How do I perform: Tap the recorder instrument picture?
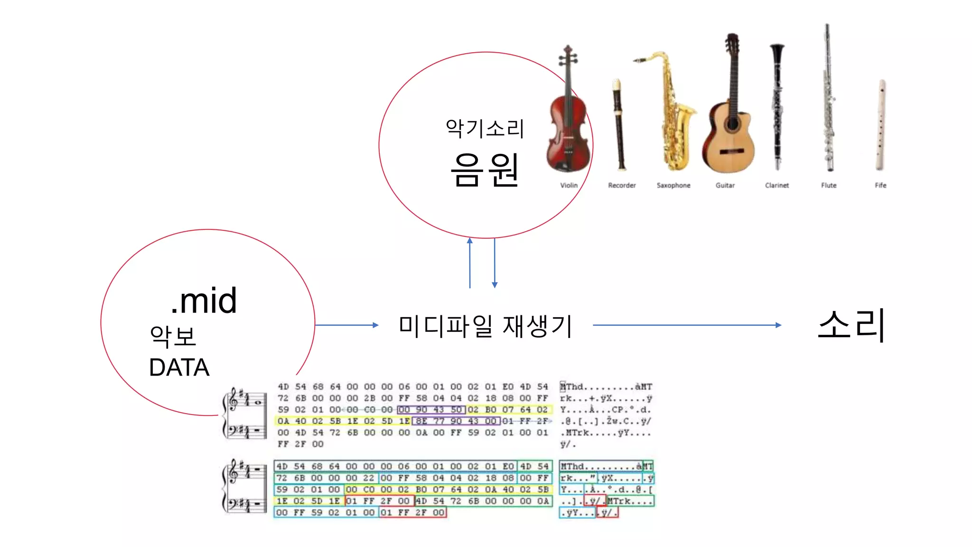click(619, 126)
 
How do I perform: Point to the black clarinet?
click(777, 107)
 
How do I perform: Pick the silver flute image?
click(828, 100)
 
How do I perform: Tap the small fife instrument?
click(881, 126)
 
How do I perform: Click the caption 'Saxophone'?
click(673, 185)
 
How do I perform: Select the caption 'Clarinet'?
click(777, 185)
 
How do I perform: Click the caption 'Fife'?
click(880, 185)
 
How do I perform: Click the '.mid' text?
click(204, 301)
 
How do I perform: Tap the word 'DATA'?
click(179, 367)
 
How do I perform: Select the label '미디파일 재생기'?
click(486, 326)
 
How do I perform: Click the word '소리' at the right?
click(851, 325)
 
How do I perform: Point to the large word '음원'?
click(485, 170)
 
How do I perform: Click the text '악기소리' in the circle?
click(485, 128)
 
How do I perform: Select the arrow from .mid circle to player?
click(346, 325)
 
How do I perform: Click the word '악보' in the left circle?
click(173, 336)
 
